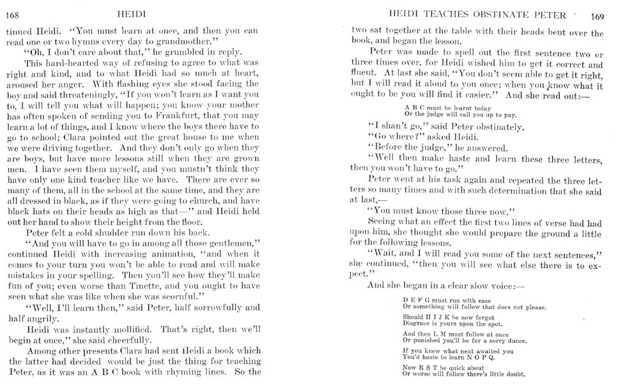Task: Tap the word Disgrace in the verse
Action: (x=417, y=324)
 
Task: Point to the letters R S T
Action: (x=429, y=368)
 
